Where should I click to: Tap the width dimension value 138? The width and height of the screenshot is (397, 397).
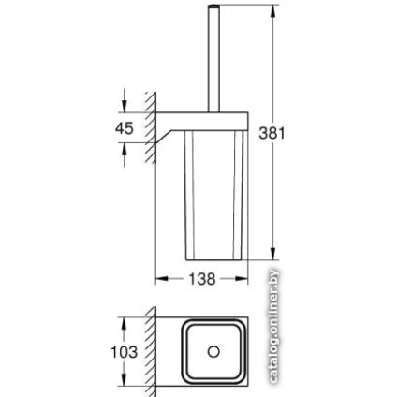click(202, 279)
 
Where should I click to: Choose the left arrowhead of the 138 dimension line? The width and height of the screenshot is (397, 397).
click(159, 279)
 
